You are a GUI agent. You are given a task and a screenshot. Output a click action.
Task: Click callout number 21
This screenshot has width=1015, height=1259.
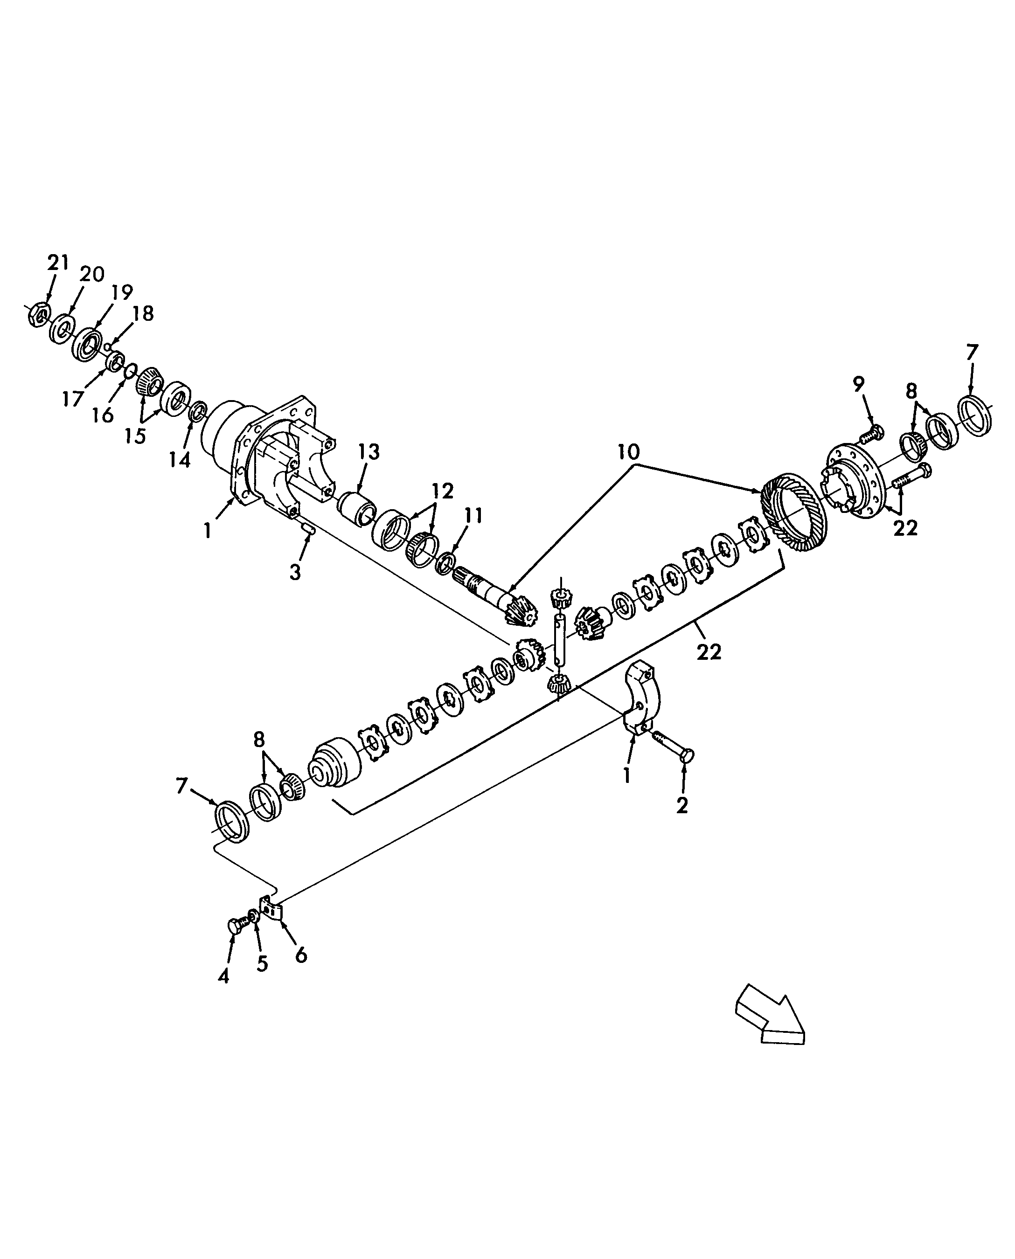click(58, 263)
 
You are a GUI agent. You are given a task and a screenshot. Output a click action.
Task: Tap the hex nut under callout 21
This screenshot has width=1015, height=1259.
click(37, 314)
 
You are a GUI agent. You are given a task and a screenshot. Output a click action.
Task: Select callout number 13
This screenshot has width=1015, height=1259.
click(369, 452)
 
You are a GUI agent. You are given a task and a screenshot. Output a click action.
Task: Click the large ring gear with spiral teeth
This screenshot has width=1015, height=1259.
click(793, 511)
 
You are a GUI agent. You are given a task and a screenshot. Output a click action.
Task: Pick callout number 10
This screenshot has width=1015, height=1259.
click(628, 452)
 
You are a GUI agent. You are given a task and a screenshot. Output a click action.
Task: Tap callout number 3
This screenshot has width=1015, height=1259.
click(295, 572)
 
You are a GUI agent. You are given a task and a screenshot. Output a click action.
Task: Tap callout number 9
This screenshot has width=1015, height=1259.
click(858, 384)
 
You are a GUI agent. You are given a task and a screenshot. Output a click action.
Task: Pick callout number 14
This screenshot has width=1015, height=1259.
click(180, 459)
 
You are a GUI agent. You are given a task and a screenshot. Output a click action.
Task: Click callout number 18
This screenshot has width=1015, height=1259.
click(143, 314)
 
